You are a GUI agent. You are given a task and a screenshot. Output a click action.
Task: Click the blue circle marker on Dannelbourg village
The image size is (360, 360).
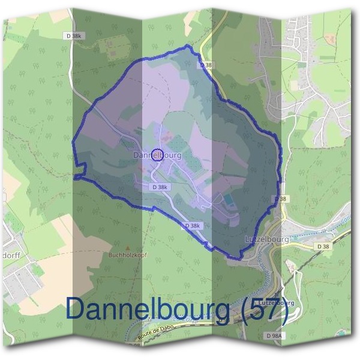pos(157,155)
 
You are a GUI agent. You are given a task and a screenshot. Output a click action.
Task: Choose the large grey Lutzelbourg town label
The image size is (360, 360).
pos(267,239)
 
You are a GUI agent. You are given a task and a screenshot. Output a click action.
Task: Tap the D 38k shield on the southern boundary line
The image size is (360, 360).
pos(193,226)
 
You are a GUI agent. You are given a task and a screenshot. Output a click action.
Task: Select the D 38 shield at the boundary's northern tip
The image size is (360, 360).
pos(206,65)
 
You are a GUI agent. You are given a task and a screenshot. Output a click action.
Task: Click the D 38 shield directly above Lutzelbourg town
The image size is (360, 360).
pos(280,199)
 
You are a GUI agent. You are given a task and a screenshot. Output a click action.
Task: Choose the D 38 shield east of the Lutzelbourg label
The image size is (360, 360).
pos(323,246)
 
